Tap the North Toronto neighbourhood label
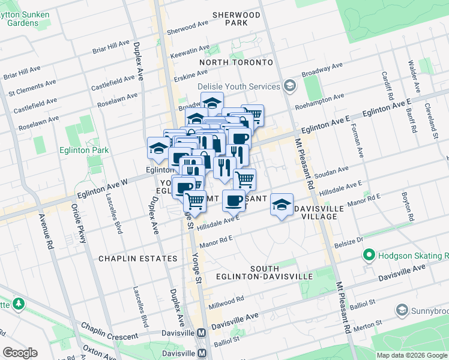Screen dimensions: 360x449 tap(236, 62)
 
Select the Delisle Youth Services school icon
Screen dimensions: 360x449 tap(291, 86)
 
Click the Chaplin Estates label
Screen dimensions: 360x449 tap(138, 259)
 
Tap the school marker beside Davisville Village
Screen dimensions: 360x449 tap(282, 205)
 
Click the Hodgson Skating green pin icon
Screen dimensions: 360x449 tap(369, 256)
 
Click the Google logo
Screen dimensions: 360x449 tap(20, 353)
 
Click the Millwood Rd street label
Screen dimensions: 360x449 tap(226, 302)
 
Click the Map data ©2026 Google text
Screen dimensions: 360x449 tap(412, 355)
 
